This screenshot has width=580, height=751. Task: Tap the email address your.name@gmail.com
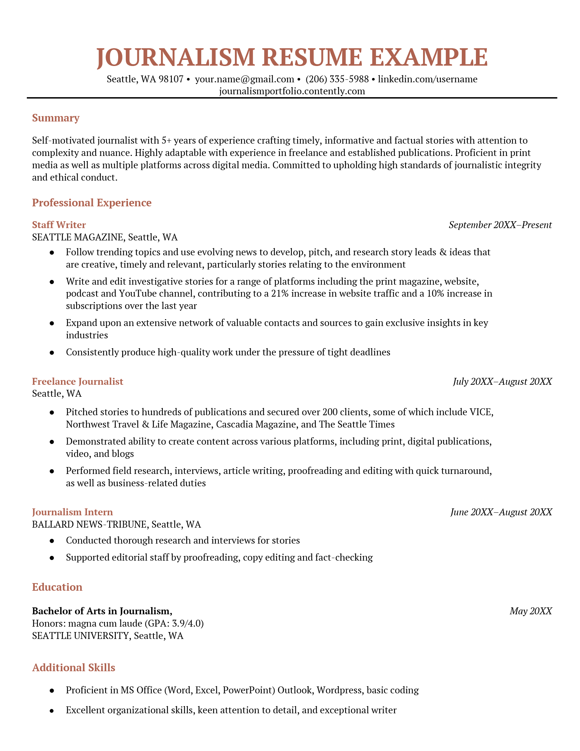[x=244, y=79]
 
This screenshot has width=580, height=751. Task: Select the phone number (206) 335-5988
[x=337, y=79]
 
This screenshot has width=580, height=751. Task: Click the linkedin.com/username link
[x=427, y=79]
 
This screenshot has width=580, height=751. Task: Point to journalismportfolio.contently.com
[x=292, y=91]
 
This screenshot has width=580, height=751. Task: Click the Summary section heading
[x=55, y=118]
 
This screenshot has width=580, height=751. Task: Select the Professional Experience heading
[x=92, y=202]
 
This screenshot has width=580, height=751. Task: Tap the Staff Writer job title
[x=59, y=225]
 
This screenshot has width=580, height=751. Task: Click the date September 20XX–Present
[x=500, y=225]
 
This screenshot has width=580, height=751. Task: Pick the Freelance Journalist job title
[x=78, y=381]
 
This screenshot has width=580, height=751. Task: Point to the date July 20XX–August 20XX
[x=502, y=381]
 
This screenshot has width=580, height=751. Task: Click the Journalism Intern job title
[x=72, y=512]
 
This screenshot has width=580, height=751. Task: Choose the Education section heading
[x=57, y=587]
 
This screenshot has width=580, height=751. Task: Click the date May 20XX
[x=530, y=611]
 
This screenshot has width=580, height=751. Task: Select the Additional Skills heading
[x=74, y=668]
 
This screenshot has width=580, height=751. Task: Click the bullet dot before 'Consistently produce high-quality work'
[x=52, y=352]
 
